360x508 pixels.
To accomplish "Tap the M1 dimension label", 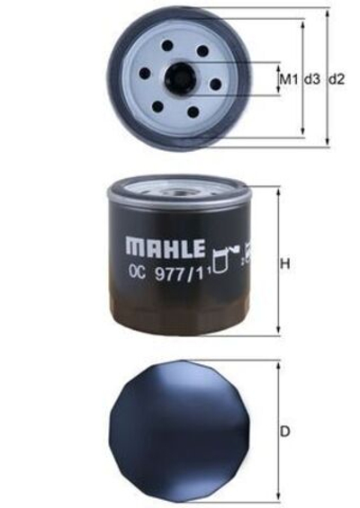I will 287,80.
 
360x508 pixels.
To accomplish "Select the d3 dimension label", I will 311,80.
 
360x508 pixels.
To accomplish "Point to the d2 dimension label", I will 337,80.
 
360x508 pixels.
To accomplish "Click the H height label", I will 285,264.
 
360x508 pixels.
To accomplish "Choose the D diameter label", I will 285,432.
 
